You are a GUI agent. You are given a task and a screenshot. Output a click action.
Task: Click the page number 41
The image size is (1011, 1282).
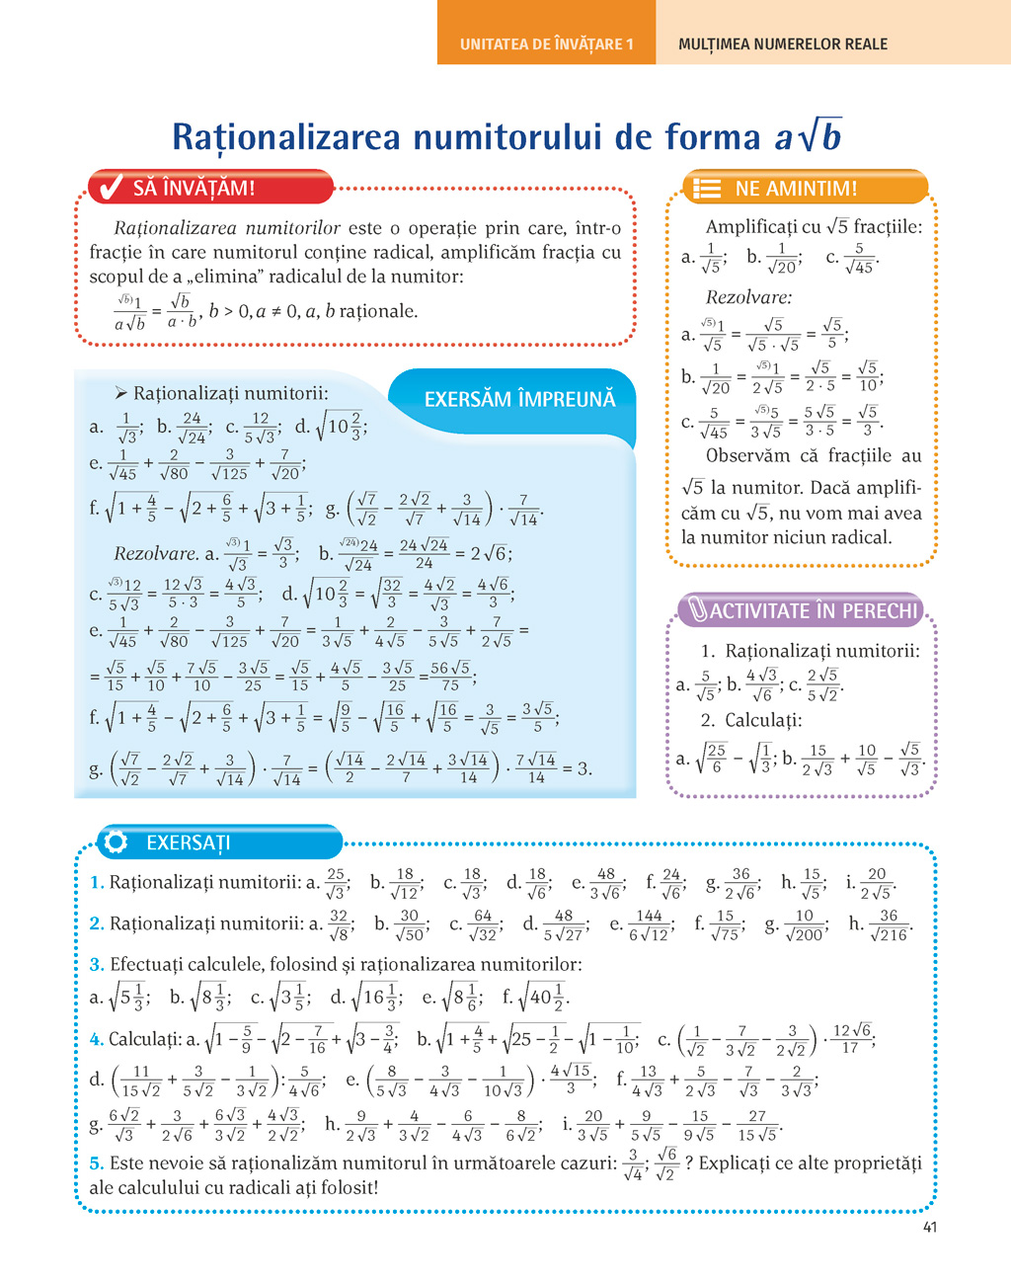[x=929, y=1228]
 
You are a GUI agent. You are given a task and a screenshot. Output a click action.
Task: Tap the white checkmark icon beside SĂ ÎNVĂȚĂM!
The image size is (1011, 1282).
[x=112, y=187]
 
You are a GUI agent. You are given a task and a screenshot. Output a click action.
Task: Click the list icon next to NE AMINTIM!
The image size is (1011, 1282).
[x=707, y=189]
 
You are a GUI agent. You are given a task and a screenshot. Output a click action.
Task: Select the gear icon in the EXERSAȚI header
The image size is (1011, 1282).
[x=116, y=842]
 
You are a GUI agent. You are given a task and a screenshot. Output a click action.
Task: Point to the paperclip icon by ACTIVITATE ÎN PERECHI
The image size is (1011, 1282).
[x=697, y=610]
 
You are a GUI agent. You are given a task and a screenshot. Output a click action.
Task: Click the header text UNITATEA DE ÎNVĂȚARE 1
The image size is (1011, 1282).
[x=546, y=44]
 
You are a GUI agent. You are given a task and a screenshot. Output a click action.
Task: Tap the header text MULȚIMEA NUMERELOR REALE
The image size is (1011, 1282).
[x=783, y=44]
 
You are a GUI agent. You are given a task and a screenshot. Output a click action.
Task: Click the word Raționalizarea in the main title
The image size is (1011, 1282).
[x=287, y=136]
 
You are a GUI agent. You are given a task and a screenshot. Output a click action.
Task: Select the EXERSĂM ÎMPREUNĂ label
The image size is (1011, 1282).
[x=519, y=399]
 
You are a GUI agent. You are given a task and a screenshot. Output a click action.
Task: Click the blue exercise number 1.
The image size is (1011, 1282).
[x=96, y=882]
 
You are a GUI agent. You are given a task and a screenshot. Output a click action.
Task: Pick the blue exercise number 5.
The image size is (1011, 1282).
[x=96, y=1162]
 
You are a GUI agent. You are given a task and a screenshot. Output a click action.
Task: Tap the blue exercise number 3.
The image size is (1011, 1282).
[x=96, y=964]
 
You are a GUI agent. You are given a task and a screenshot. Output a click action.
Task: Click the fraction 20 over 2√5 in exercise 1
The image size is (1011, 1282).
[x=877, y=883]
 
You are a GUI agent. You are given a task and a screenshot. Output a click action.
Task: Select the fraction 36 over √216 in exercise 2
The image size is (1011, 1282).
[x=889, y=924]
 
